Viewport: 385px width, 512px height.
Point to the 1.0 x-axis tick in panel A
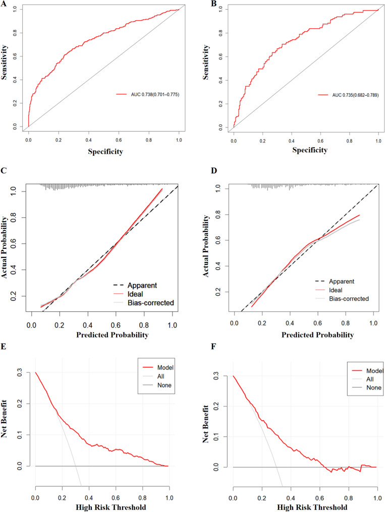point(179,136)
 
